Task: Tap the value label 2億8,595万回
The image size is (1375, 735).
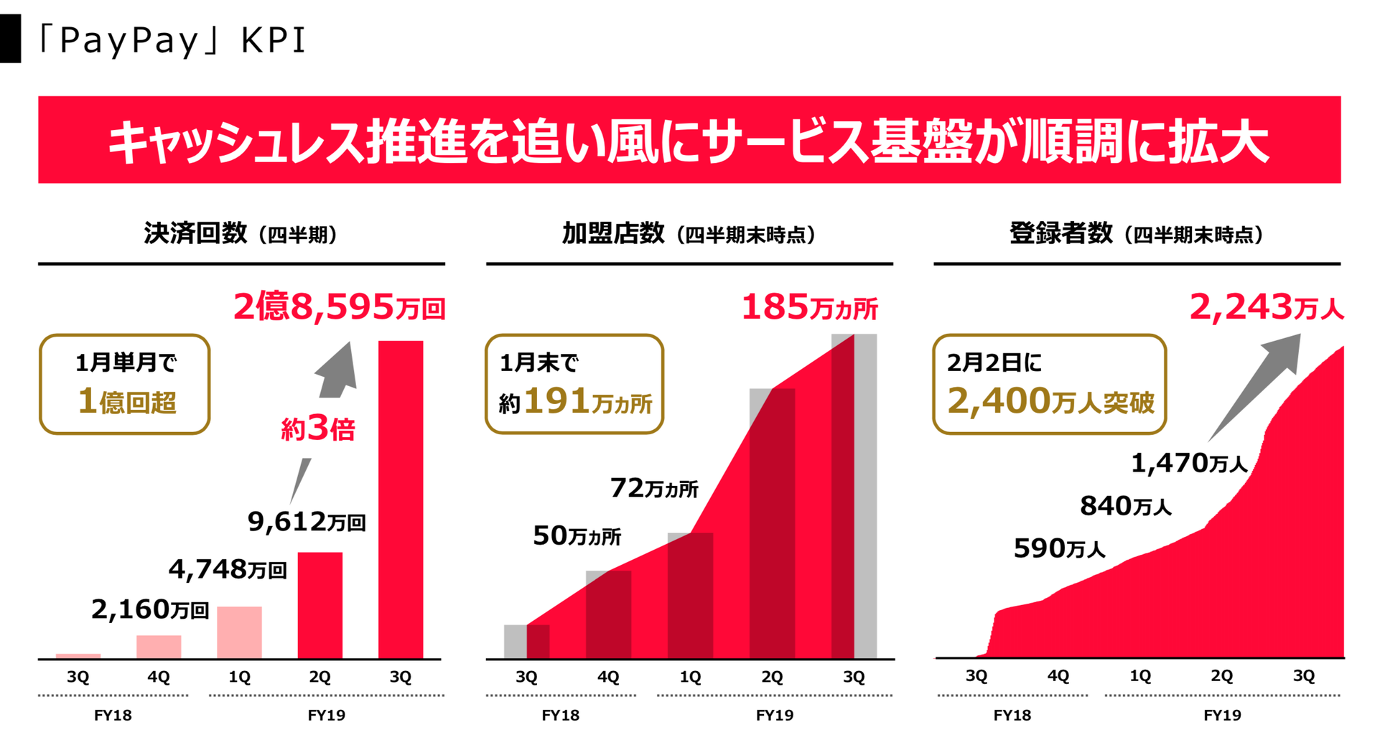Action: pyautogui.click(x=339, y=307)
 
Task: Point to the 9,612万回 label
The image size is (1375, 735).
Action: pyautogui.click(x=307, y=522)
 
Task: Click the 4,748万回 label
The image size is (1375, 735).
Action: pyautogui.click(x=228, y=570)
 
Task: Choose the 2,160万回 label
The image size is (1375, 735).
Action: pyautogui.click(x=149, y=610)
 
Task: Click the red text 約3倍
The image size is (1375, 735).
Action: pyautogui.click(x=317, y=429)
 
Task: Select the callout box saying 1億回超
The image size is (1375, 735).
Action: pyautogui.click(x=124, y=384)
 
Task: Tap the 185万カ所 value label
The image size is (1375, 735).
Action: pyautogui.click(x=808, y=307)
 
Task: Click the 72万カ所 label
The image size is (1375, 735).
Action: pyautogui.click(x=653, y=489)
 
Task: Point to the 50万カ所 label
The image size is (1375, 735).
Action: pyautogui.click(x=577, y=536)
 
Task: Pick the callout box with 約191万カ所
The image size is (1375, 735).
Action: pyautogui.click(x=574, y=384)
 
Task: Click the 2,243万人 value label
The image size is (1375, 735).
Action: pyautogui.click(x=1266, y=307)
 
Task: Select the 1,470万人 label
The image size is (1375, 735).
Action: pyautogui.click(x=1189, y=464)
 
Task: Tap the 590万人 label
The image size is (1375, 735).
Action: pyautogui.click(x=1059, y=549)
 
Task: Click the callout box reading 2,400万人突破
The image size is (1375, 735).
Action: pyautogui.click(x=1049, y=384)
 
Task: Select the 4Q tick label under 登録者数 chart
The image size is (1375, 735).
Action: pyautogui.click(x=1058, y=676)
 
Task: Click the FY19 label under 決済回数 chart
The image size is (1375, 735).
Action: pyautogui.click(x=326, y=715)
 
